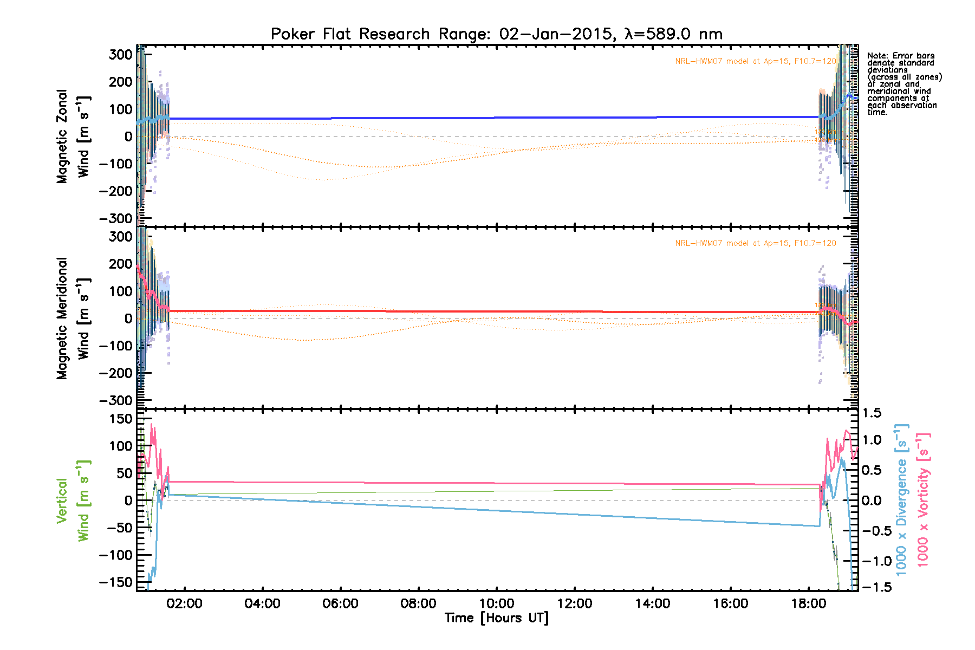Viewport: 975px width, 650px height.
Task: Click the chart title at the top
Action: click(496, 34)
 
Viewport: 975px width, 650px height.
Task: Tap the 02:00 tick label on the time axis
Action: click(184, 603)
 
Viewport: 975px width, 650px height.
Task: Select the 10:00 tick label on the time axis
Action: click(497, 603)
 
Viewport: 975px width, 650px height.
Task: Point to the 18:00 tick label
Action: click(809, 603)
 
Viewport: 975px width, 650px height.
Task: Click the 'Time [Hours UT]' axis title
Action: click(496, 618)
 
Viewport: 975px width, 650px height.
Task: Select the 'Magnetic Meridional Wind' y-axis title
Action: click(73, 318)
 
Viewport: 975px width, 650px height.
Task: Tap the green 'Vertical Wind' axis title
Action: click(73, 500)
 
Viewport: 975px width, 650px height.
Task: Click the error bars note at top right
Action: click(903, 83)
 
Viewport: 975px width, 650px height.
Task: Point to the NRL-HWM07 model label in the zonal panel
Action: click(755, 61)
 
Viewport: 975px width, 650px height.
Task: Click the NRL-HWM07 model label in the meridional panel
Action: click(755, 243)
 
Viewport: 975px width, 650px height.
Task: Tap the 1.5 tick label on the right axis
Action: click(872, 413)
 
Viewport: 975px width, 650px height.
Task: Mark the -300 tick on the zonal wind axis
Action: click(116, 218)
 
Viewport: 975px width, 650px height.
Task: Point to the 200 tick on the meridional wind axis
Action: click(120, 264)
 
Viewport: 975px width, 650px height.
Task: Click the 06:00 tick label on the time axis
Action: click(340, 603)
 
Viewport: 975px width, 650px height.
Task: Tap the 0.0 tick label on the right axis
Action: click(872, 500)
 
